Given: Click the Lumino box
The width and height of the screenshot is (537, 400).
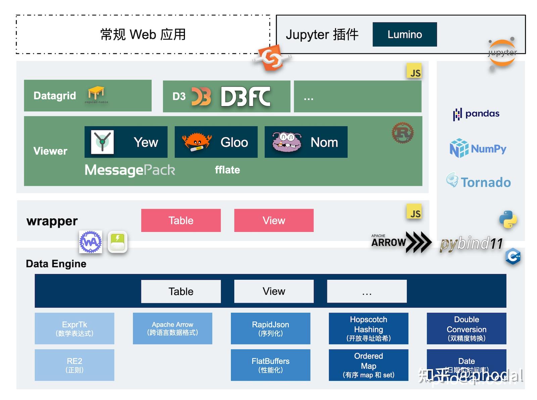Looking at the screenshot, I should coord(404,35).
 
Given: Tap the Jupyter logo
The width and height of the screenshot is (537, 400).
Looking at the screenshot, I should coord(502,53).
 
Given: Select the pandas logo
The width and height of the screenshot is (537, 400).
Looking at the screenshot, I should coord(476,114).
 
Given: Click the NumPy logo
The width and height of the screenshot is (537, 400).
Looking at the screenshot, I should coord(478,148).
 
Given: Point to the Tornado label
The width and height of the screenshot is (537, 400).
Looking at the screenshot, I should coord(479,182).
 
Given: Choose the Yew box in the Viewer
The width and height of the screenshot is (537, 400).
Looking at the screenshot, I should coord(126,142).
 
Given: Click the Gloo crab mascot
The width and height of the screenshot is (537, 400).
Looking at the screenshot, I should coord(196,142).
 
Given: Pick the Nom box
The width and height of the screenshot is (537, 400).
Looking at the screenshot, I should coord(306,142).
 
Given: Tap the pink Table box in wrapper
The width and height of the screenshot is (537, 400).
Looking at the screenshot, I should coord(181,220).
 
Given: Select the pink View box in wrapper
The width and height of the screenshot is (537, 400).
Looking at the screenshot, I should coord(274,220).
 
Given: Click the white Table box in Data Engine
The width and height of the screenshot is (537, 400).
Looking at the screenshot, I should coord(181,291).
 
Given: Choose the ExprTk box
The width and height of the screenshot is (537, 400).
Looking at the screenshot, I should coord(75,329).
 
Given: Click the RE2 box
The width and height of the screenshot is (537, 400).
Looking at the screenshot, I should coord(75,365).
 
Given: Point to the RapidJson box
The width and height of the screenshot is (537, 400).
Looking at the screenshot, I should coord(271,329).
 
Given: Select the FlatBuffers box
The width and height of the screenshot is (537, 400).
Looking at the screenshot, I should coord(271,365).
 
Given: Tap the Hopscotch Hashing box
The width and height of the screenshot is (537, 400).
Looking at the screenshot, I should coord(369,329).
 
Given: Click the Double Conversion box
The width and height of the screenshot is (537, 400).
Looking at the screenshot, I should coord(467,329).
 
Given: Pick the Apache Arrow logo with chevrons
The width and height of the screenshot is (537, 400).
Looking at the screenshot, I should coord(401,242).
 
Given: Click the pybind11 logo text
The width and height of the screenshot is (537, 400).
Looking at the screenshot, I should coord(471,244).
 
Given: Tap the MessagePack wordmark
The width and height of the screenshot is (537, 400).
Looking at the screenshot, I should coord(130,170).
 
